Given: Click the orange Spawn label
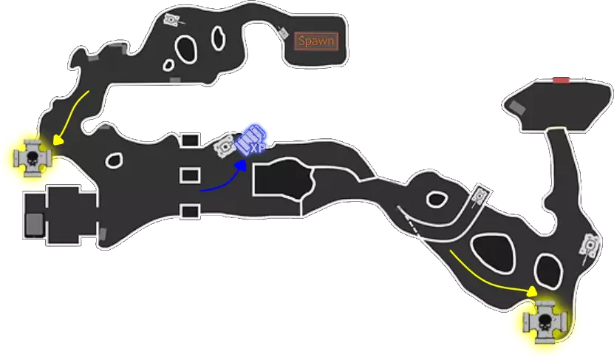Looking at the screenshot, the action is point(316,41).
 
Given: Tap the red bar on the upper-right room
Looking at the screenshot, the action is point(561,81).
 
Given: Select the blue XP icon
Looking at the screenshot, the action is point(251,140).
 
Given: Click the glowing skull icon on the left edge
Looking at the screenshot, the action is point(32,158).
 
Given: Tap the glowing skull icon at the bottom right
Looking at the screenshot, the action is point(546,322).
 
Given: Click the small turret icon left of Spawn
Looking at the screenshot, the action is point(283,33).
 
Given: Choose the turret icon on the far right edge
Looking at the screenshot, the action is point(590,246).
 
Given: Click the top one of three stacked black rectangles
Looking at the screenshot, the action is point(191,140).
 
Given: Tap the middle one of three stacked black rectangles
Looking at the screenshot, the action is point(191,175).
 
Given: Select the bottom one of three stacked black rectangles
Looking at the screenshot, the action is point(191,211).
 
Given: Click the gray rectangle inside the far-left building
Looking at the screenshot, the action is point(35,225).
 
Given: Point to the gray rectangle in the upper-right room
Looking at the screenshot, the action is point(517,107).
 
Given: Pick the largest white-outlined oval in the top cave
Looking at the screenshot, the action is point(185,49).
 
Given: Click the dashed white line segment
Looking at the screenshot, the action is point(409,222).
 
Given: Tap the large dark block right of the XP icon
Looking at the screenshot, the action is point(283,179).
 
